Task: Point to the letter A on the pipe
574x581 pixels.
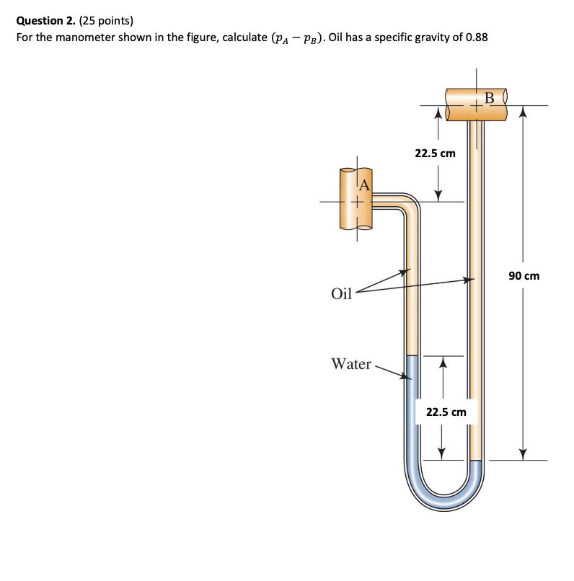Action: pyautogui.click(x=364, y=185)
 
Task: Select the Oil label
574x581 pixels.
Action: pyautogui.click(x=341, y=293)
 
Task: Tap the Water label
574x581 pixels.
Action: pyautogui.click(x=350, y=364)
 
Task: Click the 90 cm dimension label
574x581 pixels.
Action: pyautogui.click(x=524, y=276)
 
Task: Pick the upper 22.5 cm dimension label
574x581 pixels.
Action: pyautogui.click(x=435, y=154)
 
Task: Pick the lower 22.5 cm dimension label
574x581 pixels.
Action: pyautogui.click(x=446, y=412)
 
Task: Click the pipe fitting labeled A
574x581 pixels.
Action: pyautogui.click(x=356, y=198)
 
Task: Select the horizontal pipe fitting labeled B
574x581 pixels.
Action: pyautogui.click(x=476, y=105)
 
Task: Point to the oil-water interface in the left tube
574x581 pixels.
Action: pyautogui.click(x=412, y=355)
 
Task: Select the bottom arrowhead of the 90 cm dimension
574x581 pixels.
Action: pyautogui.click(x=523, y=453)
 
